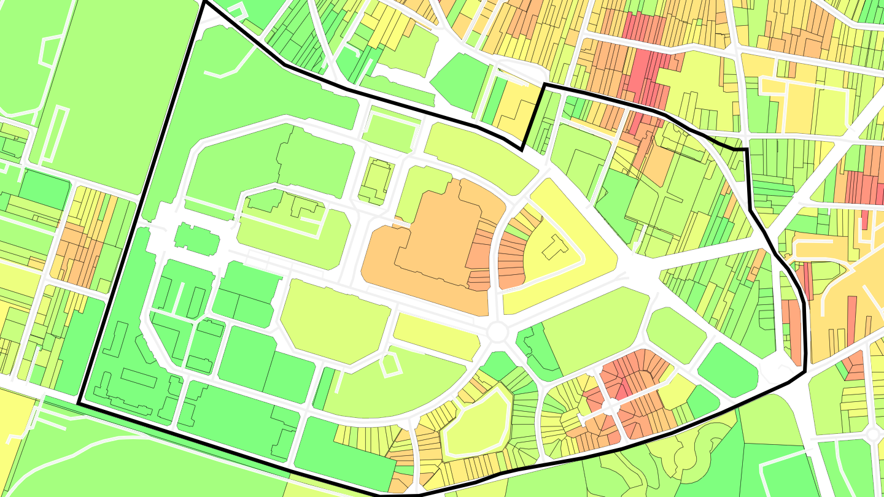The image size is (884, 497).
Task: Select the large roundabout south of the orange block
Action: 498,333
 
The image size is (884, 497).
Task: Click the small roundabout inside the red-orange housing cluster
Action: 610,406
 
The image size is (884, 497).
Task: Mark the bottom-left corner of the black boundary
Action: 79,403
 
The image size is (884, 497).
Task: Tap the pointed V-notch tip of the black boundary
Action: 522,150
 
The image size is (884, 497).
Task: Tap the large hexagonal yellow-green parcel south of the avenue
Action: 335,322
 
